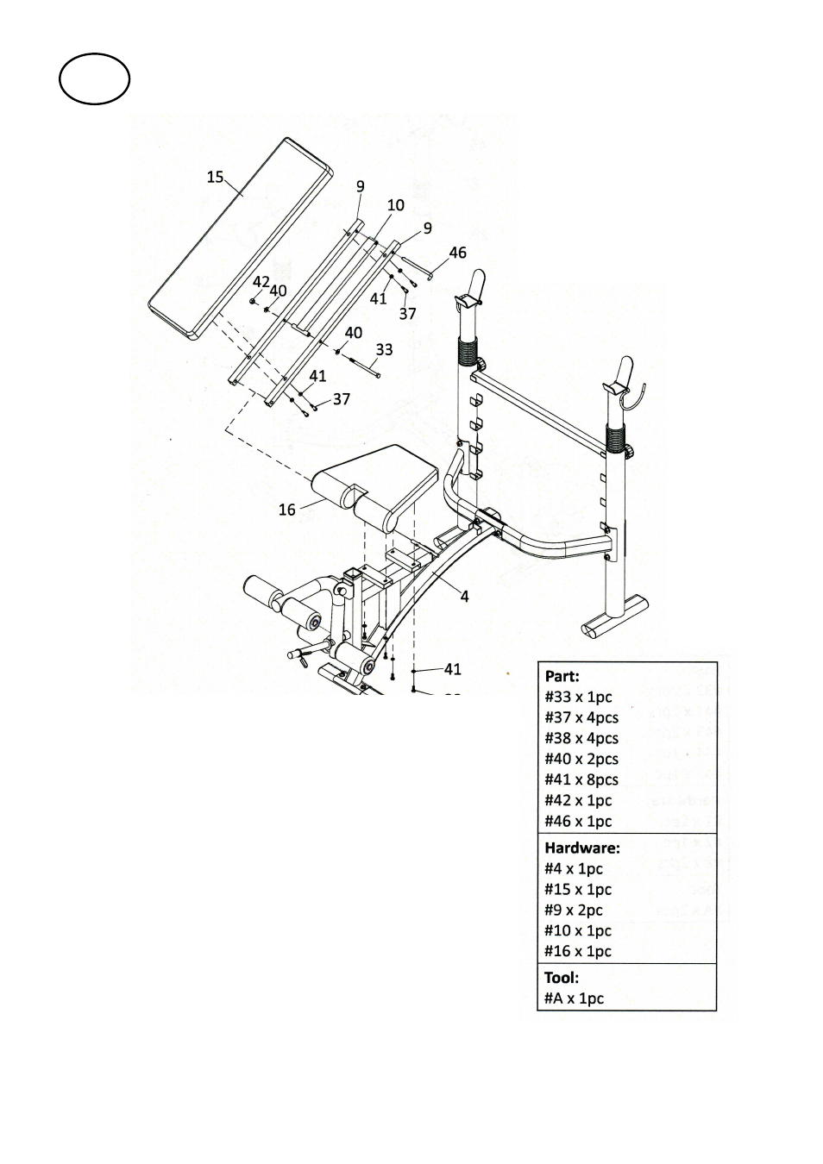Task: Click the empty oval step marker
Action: tap(94, 78)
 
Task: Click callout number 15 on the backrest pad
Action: tap(215, 178)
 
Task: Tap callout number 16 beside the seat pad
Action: tap(287, 510)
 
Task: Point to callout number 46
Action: tap(457, 253)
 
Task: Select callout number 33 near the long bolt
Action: tap(384, 350)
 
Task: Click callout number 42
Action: tap(261, 282)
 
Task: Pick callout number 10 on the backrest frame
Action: tap(396, 205)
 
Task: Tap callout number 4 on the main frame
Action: tap(465, 597)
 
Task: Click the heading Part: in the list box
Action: tap(562, 677)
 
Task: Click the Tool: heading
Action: tap(562, 978)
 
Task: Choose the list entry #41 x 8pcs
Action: tap(581, 779)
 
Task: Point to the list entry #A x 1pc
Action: tap(574, 998)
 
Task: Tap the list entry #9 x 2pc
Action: tap(574, 910)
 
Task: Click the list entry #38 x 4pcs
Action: tap(581, 738)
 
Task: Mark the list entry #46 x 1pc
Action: tap(578, 821)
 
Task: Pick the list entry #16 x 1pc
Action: tap(578, 951)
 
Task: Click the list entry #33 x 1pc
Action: tap(578, 697)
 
